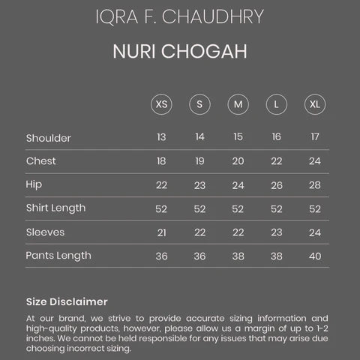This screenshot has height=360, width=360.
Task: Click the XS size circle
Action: coord(161,103)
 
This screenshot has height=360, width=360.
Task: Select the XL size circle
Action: coord(314,103)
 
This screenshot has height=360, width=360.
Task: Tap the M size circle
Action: coord(238,103)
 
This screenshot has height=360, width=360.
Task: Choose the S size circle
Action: coord(199,103)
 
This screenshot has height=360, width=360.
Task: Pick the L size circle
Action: coord(276,103)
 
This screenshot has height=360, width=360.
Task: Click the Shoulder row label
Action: coord(49,137)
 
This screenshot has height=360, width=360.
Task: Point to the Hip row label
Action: coord(35,184)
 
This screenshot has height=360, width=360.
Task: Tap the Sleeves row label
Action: coord(45,232)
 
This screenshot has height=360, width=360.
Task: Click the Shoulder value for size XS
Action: coord(161,137)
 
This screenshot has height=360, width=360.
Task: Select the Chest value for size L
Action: coord(276,161)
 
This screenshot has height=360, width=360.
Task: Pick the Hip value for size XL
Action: coord(314,185)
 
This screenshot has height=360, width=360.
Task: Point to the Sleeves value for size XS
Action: coord(161,232)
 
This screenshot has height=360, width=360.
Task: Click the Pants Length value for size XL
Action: coord(314,256)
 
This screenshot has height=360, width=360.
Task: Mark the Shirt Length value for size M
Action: coord(238,208)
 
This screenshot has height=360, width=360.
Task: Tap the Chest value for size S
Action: coord(199,161)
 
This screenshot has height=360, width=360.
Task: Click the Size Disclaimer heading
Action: coord(67,301)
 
